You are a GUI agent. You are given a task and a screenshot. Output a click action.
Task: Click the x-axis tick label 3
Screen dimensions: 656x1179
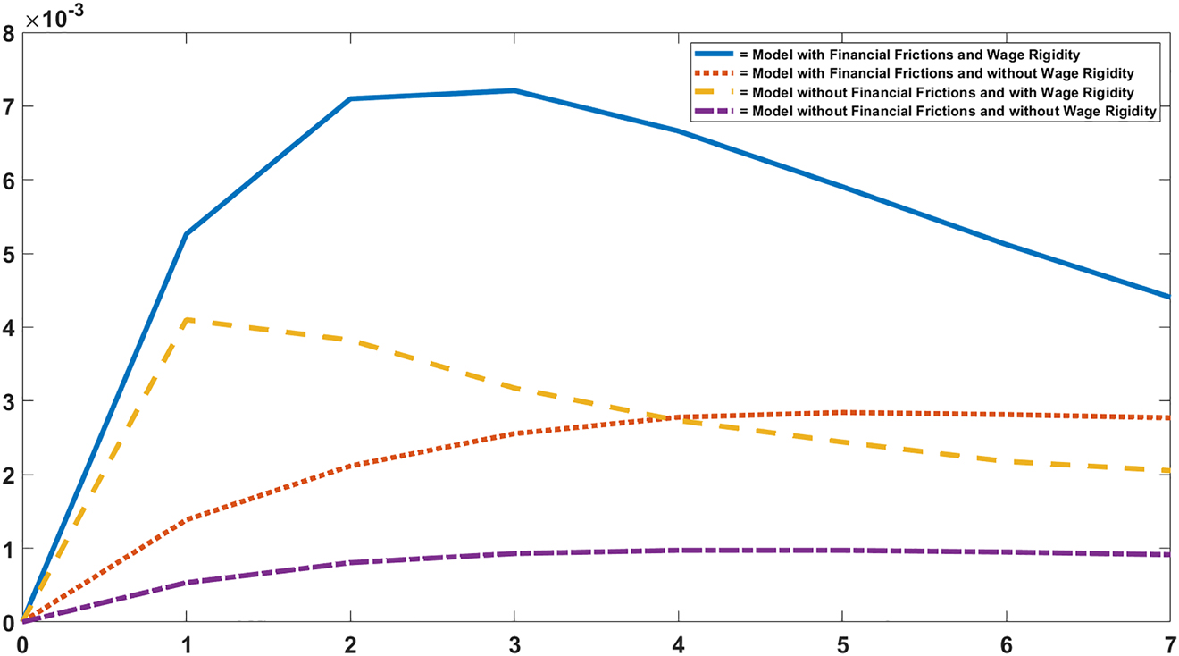click(514, 643)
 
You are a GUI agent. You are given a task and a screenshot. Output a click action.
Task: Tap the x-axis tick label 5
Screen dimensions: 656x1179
click(842, 643)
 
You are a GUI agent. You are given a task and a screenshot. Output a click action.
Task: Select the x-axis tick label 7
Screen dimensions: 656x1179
click(1169, 643)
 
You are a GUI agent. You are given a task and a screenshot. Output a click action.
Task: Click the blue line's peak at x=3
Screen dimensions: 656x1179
click(514, 90)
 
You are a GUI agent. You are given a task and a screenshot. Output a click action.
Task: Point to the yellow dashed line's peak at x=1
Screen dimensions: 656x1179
click(186, 320)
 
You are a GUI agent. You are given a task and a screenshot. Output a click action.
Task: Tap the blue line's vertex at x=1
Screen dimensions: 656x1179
click(186, 234)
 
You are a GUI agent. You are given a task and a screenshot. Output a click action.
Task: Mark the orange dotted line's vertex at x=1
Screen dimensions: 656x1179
click(186, 519)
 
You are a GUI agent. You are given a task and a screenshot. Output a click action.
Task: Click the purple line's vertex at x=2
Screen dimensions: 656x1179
click(350, 562)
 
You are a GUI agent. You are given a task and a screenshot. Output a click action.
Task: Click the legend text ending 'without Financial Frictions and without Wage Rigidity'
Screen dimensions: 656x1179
click(954, 111)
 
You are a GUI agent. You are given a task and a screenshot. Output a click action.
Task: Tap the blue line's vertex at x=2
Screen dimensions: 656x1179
click(350, 98)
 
